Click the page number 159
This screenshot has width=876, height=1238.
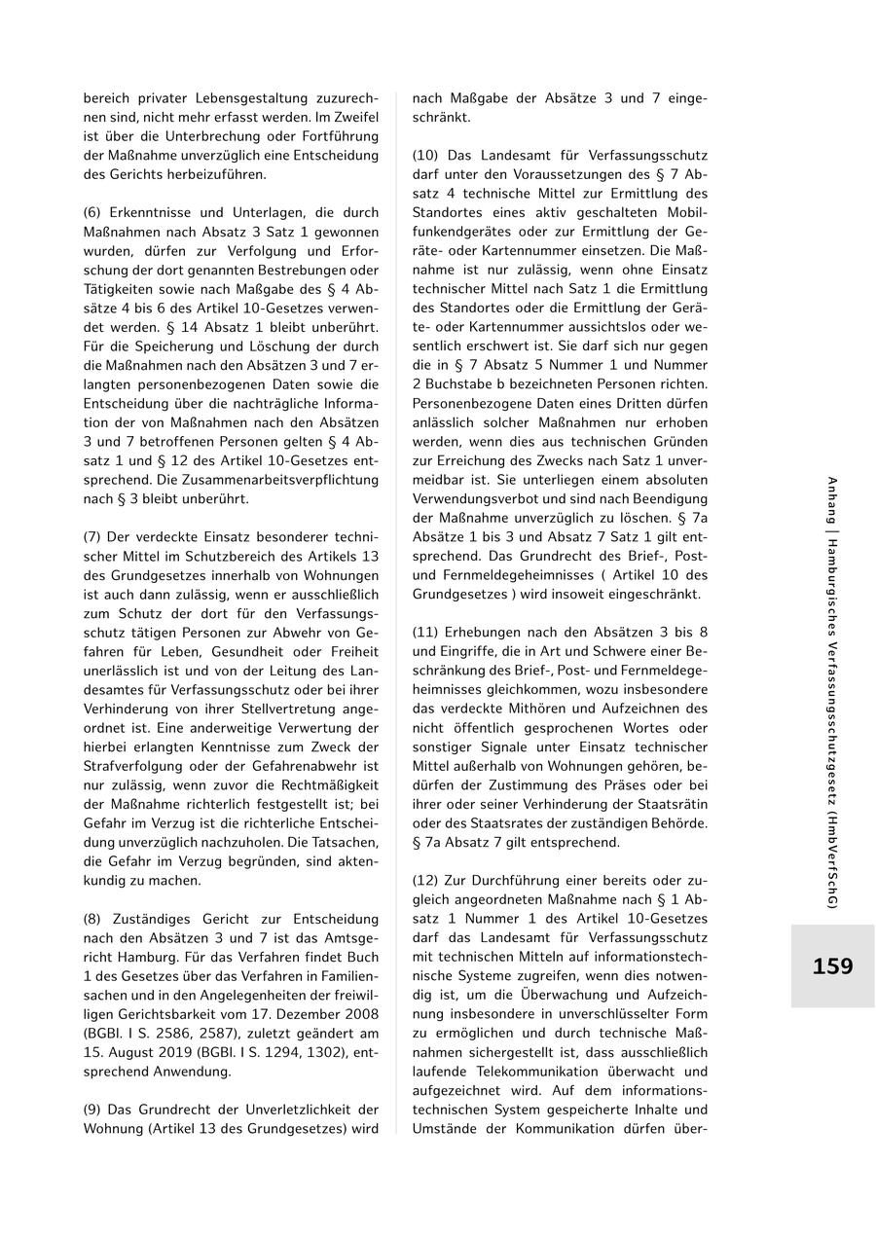point(832,966)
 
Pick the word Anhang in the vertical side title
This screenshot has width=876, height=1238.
point(831,504)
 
